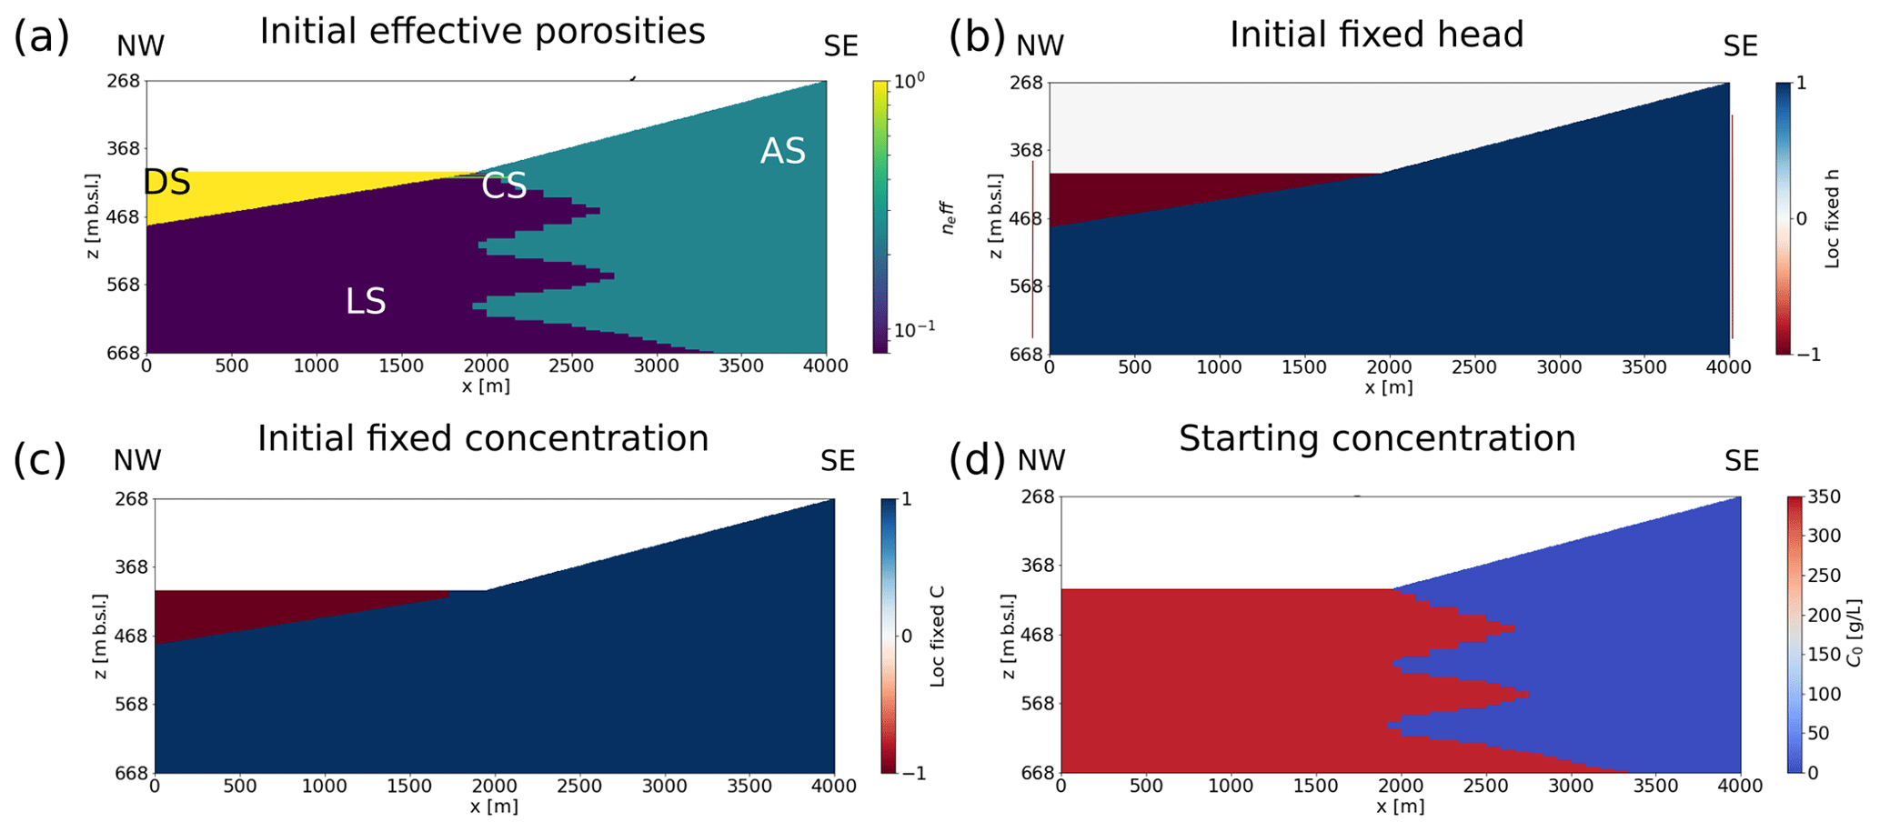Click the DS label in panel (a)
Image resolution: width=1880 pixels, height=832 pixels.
click(167, 183)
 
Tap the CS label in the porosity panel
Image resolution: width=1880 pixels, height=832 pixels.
click(504, 186)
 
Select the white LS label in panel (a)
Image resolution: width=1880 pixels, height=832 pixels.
click(366, 302)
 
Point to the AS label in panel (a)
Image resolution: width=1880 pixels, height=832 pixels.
click(783, 152)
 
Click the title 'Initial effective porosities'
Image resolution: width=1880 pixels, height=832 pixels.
click(482, 32)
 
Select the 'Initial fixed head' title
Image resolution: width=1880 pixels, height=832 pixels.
click(1376, 35)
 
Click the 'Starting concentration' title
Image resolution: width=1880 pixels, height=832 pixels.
click(1377, 438)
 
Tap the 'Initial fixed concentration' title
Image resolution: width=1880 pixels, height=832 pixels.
click(483, 438)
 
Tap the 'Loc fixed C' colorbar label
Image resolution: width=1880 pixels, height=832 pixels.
click(938, 636)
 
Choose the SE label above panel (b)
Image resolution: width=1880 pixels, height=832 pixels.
click(1741, 46)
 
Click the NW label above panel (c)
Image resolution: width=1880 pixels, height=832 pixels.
click(137, 461)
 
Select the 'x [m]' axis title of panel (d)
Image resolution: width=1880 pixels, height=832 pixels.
click(1401, 807)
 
